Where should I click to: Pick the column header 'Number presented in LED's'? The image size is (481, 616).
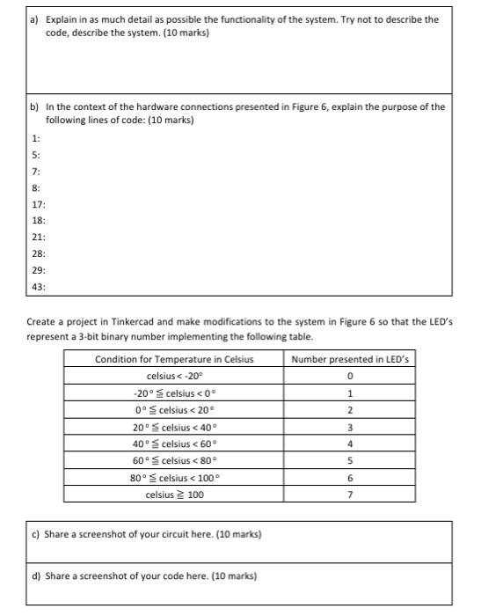tap(349, 358)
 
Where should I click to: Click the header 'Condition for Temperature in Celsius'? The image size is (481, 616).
tap(173, 358)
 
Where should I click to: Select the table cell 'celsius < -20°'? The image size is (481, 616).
tap(173, 376)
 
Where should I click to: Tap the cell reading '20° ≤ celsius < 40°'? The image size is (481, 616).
tap(173, 427)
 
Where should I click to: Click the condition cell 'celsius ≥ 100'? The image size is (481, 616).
tap(173, 495)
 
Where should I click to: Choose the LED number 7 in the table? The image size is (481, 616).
tap(349, 495)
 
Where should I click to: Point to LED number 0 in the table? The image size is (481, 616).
tap(349, 376)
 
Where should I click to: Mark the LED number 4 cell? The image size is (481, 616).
tap(349, 444)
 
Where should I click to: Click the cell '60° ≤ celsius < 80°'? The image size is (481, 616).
tap(173, 460)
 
